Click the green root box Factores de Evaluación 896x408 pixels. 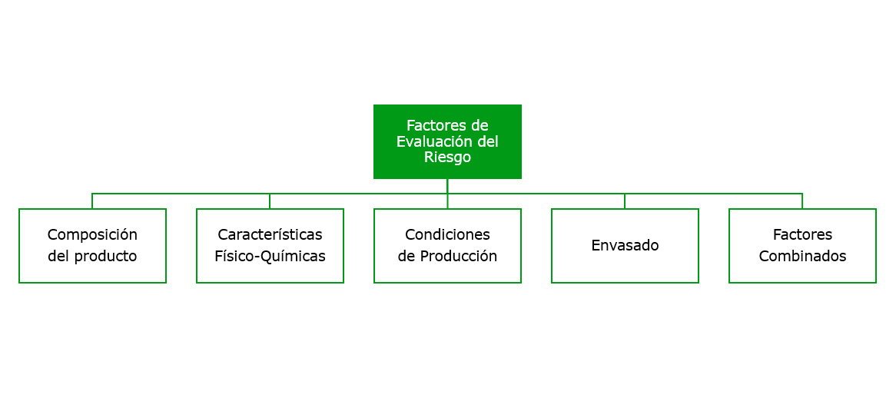click(447, 141)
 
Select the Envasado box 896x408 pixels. click(625, 246)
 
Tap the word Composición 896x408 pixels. click(92, 235)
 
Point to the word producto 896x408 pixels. click(106, 257)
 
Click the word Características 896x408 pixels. click(270, 235)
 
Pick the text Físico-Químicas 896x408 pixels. click(270, 257)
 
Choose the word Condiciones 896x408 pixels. click(447, 235)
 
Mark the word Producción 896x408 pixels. click(458, 257)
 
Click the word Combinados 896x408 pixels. click(802, 257)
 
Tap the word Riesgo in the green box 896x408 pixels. click(447, 158)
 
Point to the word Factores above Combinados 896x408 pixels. click(802, 235)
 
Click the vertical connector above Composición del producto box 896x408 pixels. click(92, 201)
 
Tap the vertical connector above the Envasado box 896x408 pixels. click(625, 201)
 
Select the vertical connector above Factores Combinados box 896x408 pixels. click(802, 201)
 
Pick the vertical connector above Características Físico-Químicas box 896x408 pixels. click(270, 201)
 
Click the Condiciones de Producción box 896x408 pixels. click(447, 246)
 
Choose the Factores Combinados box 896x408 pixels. click(802, 246)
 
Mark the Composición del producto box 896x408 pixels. click(92, 246)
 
